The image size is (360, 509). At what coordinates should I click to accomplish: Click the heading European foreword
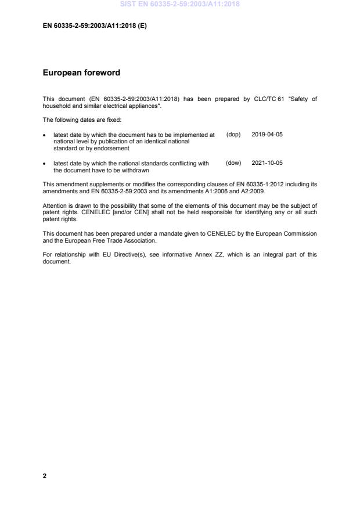81,73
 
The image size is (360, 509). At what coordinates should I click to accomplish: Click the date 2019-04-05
267,135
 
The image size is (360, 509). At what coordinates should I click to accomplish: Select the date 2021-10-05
267,163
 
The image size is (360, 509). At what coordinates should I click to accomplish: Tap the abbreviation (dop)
233,135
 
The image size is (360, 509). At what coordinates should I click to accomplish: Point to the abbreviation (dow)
233,163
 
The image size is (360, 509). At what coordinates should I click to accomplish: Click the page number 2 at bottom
45,476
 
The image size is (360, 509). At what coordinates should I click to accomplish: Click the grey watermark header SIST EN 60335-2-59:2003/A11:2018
179,5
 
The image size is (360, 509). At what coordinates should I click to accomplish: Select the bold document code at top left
95,26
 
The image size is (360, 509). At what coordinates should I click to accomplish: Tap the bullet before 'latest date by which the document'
45,135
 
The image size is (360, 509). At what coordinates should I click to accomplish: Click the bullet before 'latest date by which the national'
45,164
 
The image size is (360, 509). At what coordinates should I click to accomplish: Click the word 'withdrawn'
135,171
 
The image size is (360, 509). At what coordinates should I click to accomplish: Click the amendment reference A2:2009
250,191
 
